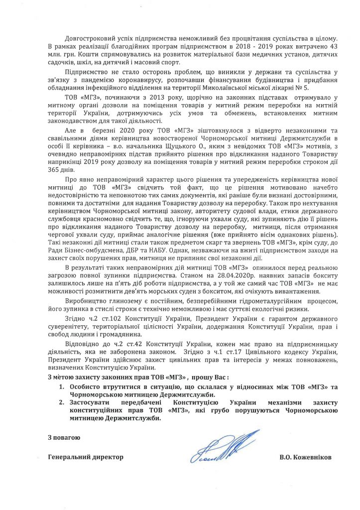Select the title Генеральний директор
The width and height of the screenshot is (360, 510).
point(85,457)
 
